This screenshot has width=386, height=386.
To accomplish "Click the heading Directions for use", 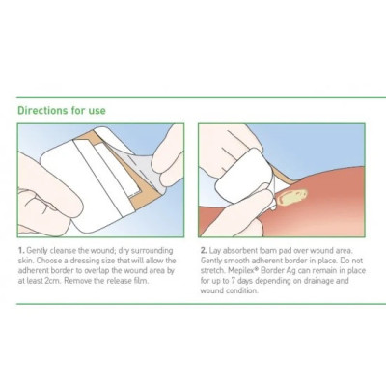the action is pyautogui.click(x=62, y=111).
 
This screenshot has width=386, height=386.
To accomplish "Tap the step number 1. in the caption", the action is pyautogui.click(x=21, y=251).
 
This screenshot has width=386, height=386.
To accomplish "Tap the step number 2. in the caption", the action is pyautogui.click(x=204, y=251).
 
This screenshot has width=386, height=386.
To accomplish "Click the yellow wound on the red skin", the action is pyautogui.click(x=292, y=197).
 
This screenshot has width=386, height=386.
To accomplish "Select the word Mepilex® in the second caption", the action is pyautogui.click(x=238, y=271).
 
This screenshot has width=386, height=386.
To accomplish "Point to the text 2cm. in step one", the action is pyautogui.click(x=52, y=281).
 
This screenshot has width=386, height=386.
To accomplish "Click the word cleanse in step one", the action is pyautogui.click(x=63, y=251).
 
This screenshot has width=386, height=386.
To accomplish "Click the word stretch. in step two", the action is pyautogui.click(x=211, y=271).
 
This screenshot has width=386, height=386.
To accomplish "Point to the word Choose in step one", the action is pyautogui.click(x=43, y=261).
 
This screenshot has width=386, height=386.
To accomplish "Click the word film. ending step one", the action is pyautogui.click(x=141, y=281).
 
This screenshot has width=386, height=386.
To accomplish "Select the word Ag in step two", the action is pyautogui.click(x=291, y=271).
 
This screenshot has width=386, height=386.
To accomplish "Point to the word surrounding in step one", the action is pyautogui.click(x=152, y=251).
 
